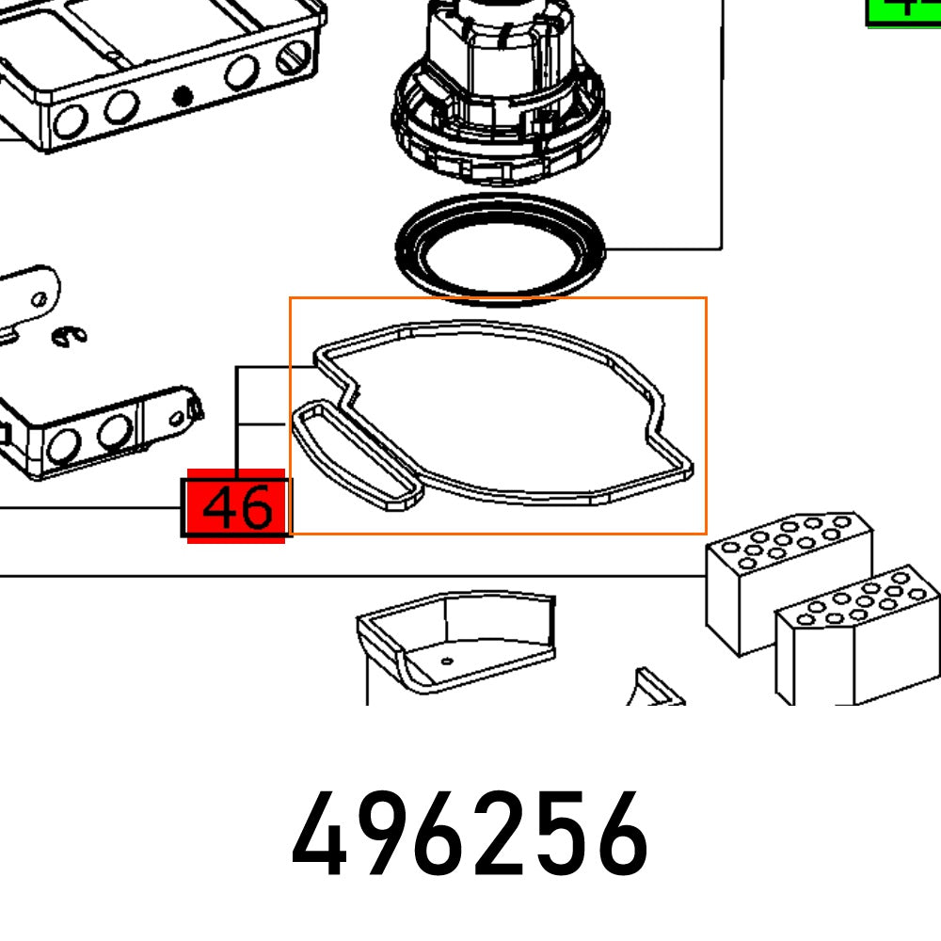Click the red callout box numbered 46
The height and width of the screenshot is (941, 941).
pos(236,507)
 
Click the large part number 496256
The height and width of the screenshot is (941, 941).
pos(470,834)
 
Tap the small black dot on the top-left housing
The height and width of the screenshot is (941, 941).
pos(183,95)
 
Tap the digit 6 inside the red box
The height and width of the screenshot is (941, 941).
pos(255,508)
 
